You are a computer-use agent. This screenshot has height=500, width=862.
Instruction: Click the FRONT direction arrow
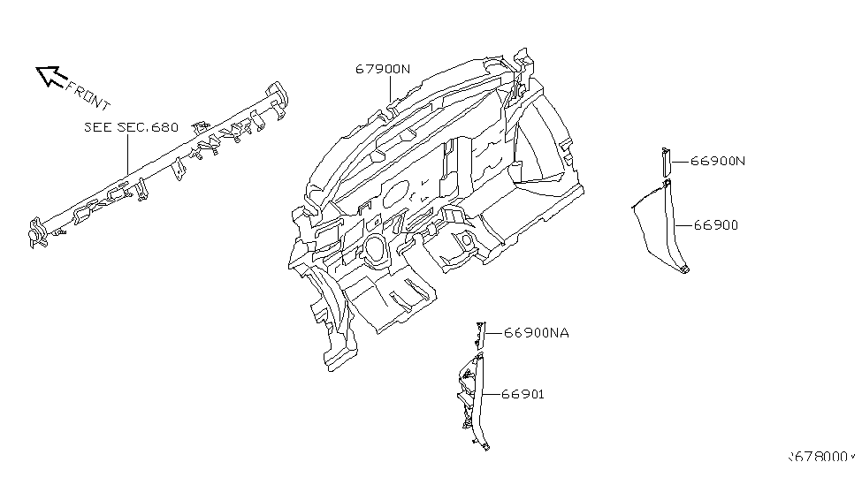(50, 77)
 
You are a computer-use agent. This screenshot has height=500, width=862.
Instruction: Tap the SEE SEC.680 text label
(131, 127)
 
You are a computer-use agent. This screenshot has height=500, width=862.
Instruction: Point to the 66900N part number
(718, 161)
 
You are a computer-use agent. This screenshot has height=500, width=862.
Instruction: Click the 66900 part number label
(715, 225)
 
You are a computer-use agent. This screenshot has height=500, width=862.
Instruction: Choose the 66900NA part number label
(537, 333)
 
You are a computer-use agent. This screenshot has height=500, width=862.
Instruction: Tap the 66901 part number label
(523, 394)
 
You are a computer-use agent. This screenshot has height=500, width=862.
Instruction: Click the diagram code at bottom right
(821, 458)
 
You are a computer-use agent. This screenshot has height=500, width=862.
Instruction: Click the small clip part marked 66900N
(665, 161)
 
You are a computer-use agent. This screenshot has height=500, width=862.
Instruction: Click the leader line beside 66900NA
(493, 333)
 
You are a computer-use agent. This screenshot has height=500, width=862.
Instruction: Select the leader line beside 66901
(493, 394)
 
